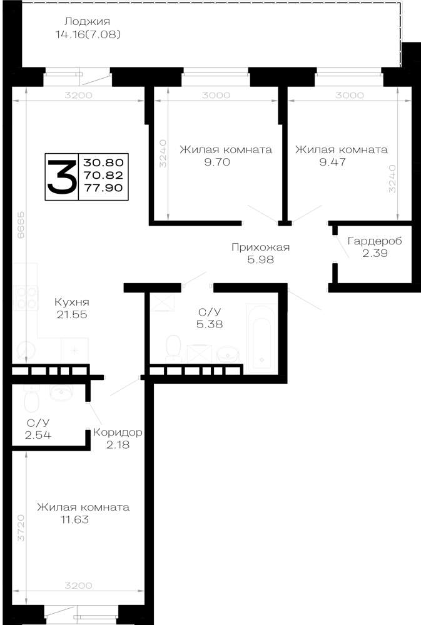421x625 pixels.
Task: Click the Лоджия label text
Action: tap(87, 21)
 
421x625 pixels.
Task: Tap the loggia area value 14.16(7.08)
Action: tap(88, 34)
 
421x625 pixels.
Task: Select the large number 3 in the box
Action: tap(62, 176)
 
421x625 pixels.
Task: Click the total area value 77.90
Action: tap(103, 187)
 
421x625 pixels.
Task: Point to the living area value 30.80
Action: tap(103, 162)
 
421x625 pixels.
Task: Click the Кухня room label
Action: tap(72, 302)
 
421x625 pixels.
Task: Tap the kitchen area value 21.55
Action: tap(72, 314)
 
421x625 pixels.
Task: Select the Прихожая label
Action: tap(261, 247)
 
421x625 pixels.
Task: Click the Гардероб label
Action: tap(375, 241)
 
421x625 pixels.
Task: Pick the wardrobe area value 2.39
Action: tap(375, 253)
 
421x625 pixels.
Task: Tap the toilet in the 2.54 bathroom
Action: tap(31, 399)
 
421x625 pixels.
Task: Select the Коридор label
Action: tap(118, 432)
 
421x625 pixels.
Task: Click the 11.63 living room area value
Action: tap(74, 520)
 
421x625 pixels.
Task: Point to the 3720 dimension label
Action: tap(21, 527)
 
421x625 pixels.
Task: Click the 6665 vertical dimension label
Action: tap(21, 225)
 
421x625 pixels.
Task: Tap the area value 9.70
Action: tap(217, 162)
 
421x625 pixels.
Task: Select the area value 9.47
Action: tap(332, 162)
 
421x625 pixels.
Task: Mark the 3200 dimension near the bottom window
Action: tap(79, 586)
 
